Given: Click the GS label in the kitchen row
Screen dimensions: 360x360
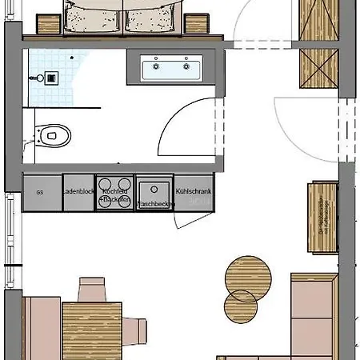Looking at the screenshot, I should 39,193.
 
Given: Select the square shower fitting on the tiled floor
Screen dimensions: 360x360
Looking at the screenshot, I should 49,78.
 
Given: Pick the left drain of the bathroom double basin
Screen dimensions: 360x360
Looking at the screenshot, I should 154,67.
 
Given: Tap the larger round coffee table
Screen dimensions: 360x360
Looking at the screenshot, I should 246,277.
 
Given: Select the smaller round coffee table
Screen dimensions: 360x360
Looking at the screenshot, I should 241,305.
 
